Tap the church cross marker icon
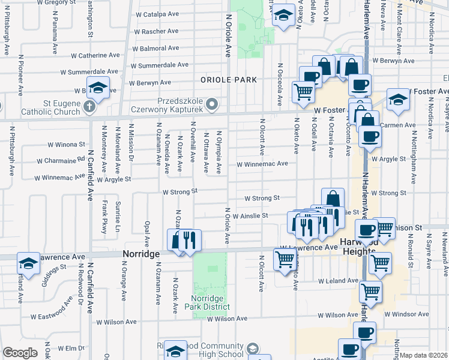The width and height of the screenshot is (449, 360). (x=89, y=107)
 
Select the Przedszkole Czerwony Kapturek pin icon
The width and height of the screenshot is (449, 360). (x=211, y=105)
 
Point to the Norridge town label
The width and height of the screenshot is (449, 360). (x=142, y=254)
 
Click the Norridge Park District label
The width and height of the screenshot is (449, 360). (x=210, y=302)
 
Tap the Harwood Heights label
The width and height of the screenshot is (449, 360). (x=359, y=246)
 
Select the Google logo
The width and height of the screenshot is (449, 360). (x=20, y=353)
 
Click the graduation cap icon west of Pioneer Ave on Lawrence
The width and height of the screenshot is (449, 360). (x=28, y=263)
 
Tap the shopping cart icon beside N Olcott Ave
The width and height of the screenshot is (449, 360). (x=284, y=259)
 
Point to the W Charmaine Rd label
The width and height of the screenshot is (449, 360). (x=61, y=161)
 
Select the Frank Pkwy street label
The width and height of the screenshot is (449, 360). (x=104, y=216)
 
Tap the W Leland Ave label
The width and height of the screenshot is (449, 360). (x=337, y=281)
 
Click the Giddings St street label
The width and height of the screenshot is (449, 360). (x=53, y=273)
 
